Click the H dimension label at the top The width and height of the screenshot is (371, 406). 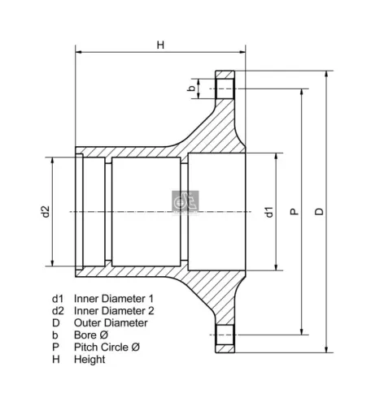click(160, 45)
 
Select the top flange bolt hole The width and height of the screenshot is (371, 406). click(225, 88)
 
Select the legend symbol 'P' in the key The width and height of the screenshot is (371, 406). click(55, 347)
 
